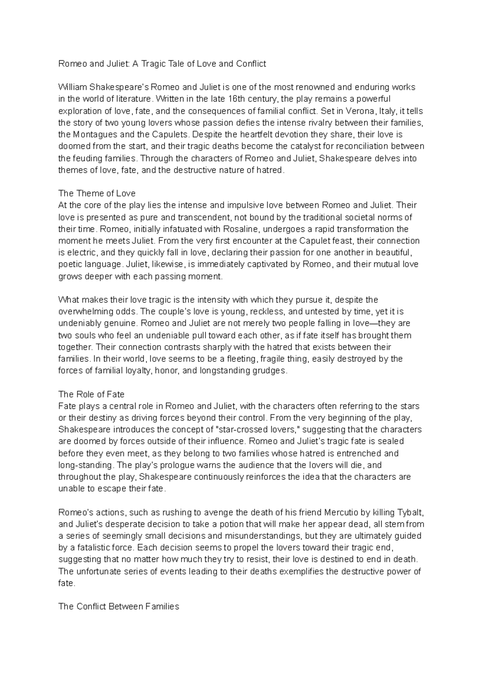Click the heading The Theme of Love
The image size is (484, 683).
(97, 193)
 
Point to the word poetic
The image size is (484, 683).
(70, 264)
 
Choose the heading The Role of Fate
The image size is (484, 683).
(91, 394)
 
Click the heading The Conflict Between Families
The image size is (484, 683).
(119, 606)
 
